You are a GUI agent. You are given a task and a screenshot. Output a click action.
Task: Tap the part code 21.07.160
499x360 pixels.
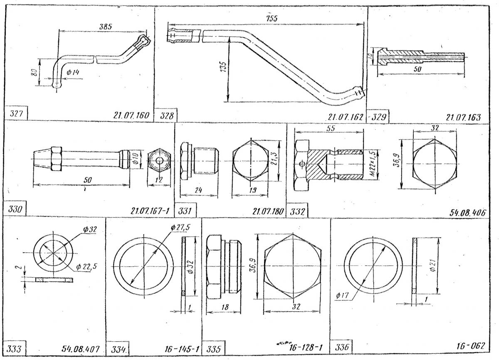click(131, 115)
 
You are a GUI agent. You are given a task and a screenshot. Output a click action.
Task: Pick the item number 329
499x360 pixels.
click(380, 117)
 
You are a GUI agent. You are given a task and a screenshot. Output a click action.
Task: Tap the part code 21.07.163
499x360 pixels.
click(463, 117)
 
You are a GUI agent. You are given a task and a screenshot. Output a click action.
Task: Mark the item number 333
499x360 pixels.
click(15, 348)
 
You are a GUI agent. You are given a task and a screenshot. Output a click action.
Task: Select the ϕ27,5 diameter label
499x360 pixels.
click(178, 228)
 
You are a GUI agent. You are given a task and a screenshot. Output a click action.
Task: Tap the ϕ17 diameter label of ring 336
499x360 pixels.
click(341, 296)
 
